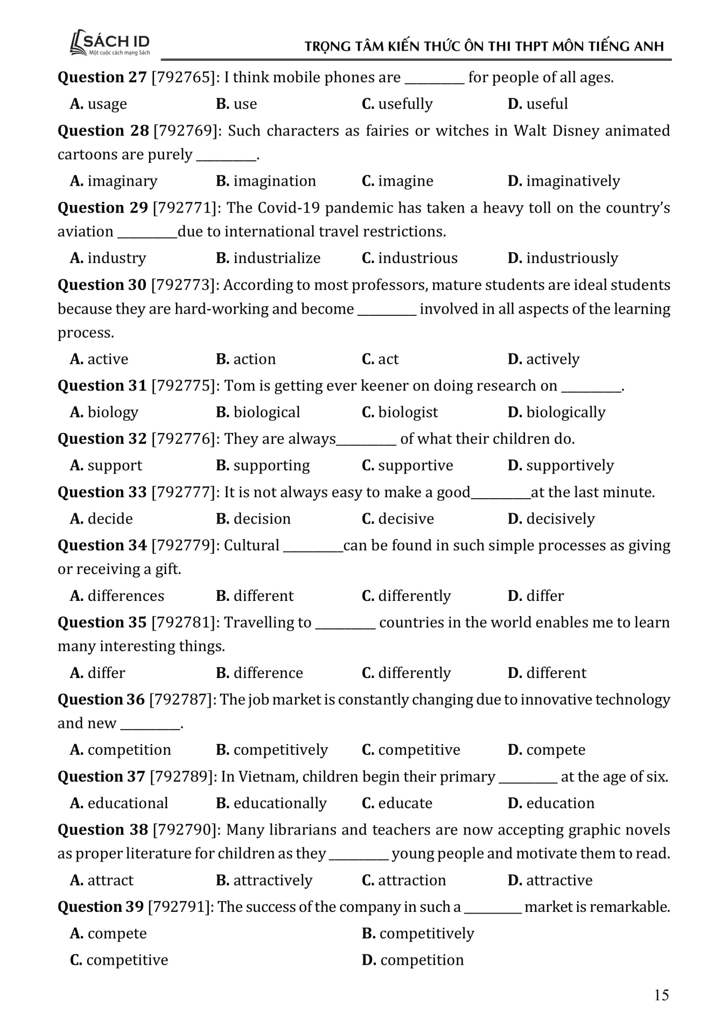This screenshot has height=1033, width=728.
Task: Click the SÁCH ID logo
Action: (x=110, y=43)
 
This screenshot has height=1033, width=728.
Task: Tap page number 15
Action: (x=661, y=995)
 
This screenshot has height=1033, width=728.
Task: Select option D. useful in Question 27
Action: (x=537, y=104)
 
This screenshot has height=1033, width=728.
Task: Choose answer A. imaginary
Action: (x=114, y=181)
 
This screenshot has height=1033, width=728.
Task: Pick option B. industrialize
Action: (x=268, y=258)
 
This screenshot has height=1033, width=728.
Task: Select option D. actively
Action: (x=543, y=359)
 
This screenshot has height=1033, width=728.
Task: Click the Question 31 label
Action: (x=102, y=386)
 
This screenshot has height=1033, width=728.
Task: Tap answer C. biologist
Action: (x=400, y=412)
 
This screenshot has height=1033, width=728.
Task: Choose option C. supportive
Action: (x=407, y=465)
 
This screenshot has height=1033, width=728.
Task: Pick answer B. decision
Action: (x=253, y=519)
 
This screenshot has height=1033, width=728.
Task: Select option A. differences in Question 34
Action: (x=117, y=596)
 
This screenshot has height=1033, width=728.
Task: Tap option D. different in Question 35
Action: (x=547, y=673)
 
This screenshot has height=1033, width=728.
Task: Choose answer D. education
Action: (x=551, y=803)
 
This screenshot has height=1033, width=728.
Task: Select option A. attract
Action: (x=102, y=880)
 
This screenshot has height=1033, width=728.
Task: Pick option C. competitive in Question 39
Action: (x=119, y=960)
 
